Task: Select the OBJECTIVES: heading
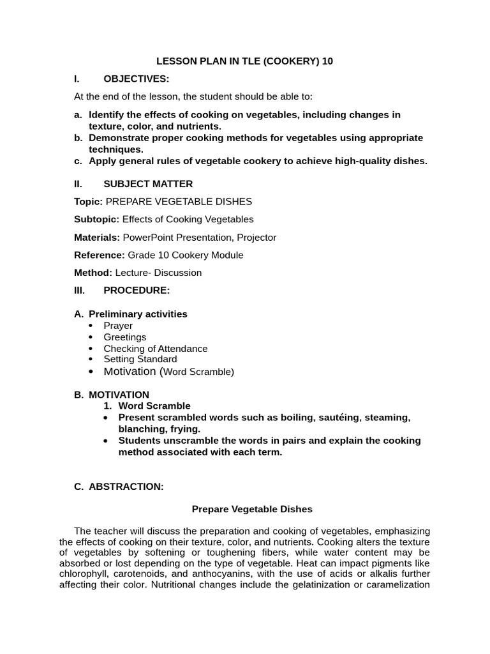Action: [137, 79]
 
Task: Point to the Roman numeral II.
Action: [78, 184]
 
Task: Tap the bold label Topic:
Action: [89, 202]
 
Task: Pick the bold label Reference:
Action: [100, 255]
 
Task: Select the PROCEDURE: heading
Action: [137, 290]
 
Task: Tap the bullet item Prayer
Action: [118, 326]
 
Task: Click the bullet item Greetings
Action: [125, 337]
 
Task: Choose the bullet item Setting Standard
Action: [140, 359]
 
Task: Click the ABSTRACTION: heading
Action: [126, 487]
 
